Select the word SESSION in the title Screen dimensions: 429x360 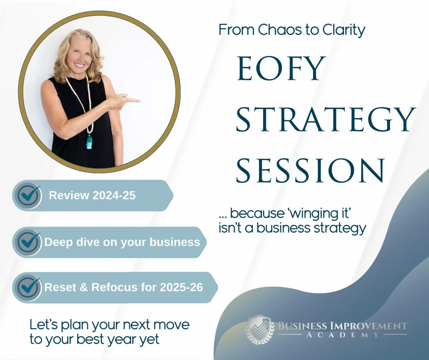coord(310,170)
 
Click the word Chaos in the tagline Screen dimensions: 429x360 coord(280,30)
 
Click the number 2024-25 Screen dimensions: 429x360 coord(114,195)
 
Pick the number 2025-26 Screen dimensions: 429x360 coord(181,287)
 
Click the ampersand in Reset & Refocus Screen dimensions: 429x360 coord(83,287)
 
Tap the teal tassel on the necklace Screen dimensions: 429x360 coord(89,142)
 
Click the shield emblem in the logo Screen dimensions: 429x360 coord(260,330)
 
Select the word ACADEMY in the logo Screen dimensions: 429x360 coord(342,335)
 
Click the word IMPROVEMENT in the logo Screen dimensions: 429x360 coord(369,326)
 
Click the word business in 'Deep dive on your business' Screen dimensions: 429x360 coord(175,242)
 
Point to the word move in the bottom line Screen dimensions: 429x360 coord(171,325)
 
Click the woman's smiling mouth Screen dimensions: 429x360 coord(79,65)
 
